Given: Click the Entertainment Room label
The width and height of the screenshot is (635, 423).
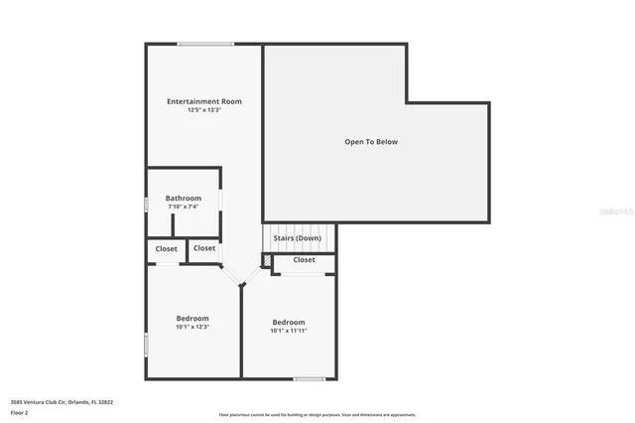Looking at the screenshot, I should point(203,101).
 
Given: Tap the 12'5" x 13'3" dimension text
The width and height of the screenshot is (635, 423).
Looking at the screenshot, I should point(203,110).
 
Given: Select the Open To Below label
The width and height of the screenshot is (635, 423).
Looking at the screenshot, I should point(371,142).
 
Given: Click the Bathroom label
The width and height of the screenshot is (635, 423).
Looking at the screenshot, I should point(184,199).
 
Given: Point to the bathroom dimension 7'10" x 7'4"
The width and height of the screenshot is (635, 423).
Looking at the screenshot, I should point(184,207).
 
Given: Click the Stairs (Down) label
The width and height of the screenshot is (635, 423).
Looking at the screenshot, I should point(297,238).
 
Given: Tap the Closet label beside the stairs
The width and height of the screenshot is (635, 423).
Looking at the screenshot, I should point(304,260).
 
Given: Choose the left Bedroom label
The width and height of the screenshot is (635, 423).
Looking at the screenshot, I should point(192,318).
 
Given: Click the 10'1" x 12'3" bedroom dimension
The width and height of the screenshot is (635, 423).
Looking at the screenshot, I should point(192,327).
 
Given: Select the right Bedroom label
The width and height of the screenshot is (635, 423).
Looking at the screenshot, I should point(289,322).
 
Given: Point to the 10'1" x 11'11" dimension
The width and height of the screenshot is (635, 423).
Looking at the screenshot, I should point(289,331).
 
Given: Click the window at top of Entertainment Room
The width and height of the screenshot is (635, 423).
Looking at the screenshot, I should point(206,44).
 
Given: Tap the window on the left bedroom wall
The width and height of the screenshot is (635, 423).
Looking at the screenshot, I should point(146,345).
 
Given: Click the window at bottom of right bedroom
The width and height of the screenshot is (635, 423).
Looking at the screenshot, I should point(310,378).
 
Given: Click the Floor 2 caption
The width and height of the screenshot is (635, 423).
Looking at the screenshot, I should point(20,412).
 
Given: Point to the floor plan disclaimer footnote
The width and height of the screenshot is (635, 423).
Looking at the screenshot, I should point(317,415).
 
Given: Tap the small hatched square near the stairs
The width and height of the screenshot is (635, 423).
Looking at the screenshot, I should point(267,260).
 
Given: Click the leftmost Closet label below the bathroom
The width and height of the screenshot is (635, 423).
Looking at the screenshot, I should point(167,249).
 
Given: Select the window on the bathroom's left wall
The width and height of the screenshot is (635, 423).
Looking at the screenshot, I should point(146,205).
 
